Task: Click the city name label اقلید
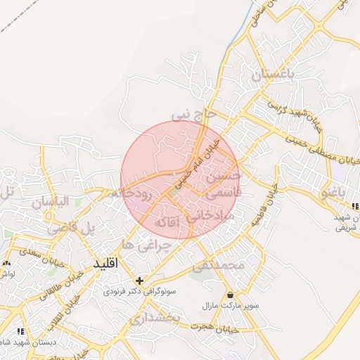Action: [108, 262]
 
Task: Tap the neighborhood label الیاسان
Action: [51, 202]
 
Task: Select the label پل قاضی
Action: [70, 229]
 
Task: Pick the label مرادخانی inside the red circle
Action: [218, 217]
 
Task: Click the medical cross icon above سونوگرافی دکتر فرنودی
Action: [139, 281]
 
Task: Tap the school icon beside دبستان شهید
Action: [20, 330]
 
